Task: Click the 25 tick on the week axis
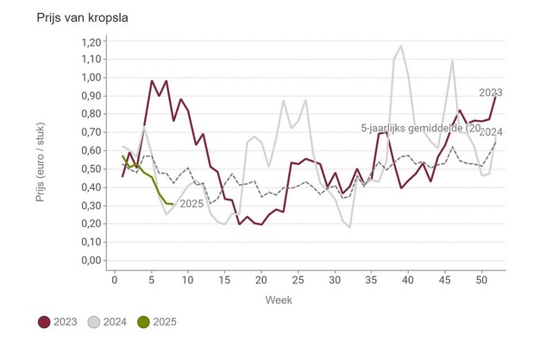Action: click(298, 280)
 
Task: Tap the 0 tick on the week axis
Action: click(115, 280)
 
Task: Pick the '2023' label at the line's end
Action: click(492, 92)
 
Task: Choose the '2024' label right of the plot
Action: click(492, 132)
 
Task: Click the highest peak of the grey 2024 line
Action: click(401, 47)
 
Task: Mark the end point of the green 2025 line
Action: click(173, 205)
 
